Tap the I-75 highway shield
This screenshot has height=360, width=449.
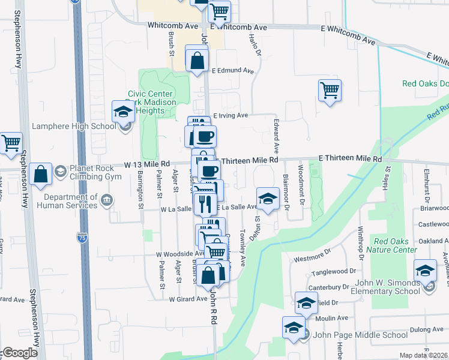(82, 238)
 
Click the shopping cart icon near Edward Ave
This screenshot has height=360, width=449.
(330, 91)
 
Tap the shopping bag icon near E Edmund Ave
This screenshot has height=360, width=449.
(197, 60)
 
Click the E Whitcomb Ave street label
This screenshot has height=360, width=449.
(239, 28)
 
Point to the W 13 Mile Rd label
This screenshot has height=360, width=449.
(148, 163)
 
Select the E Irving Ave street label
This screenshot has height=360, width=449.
(231, 115)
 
